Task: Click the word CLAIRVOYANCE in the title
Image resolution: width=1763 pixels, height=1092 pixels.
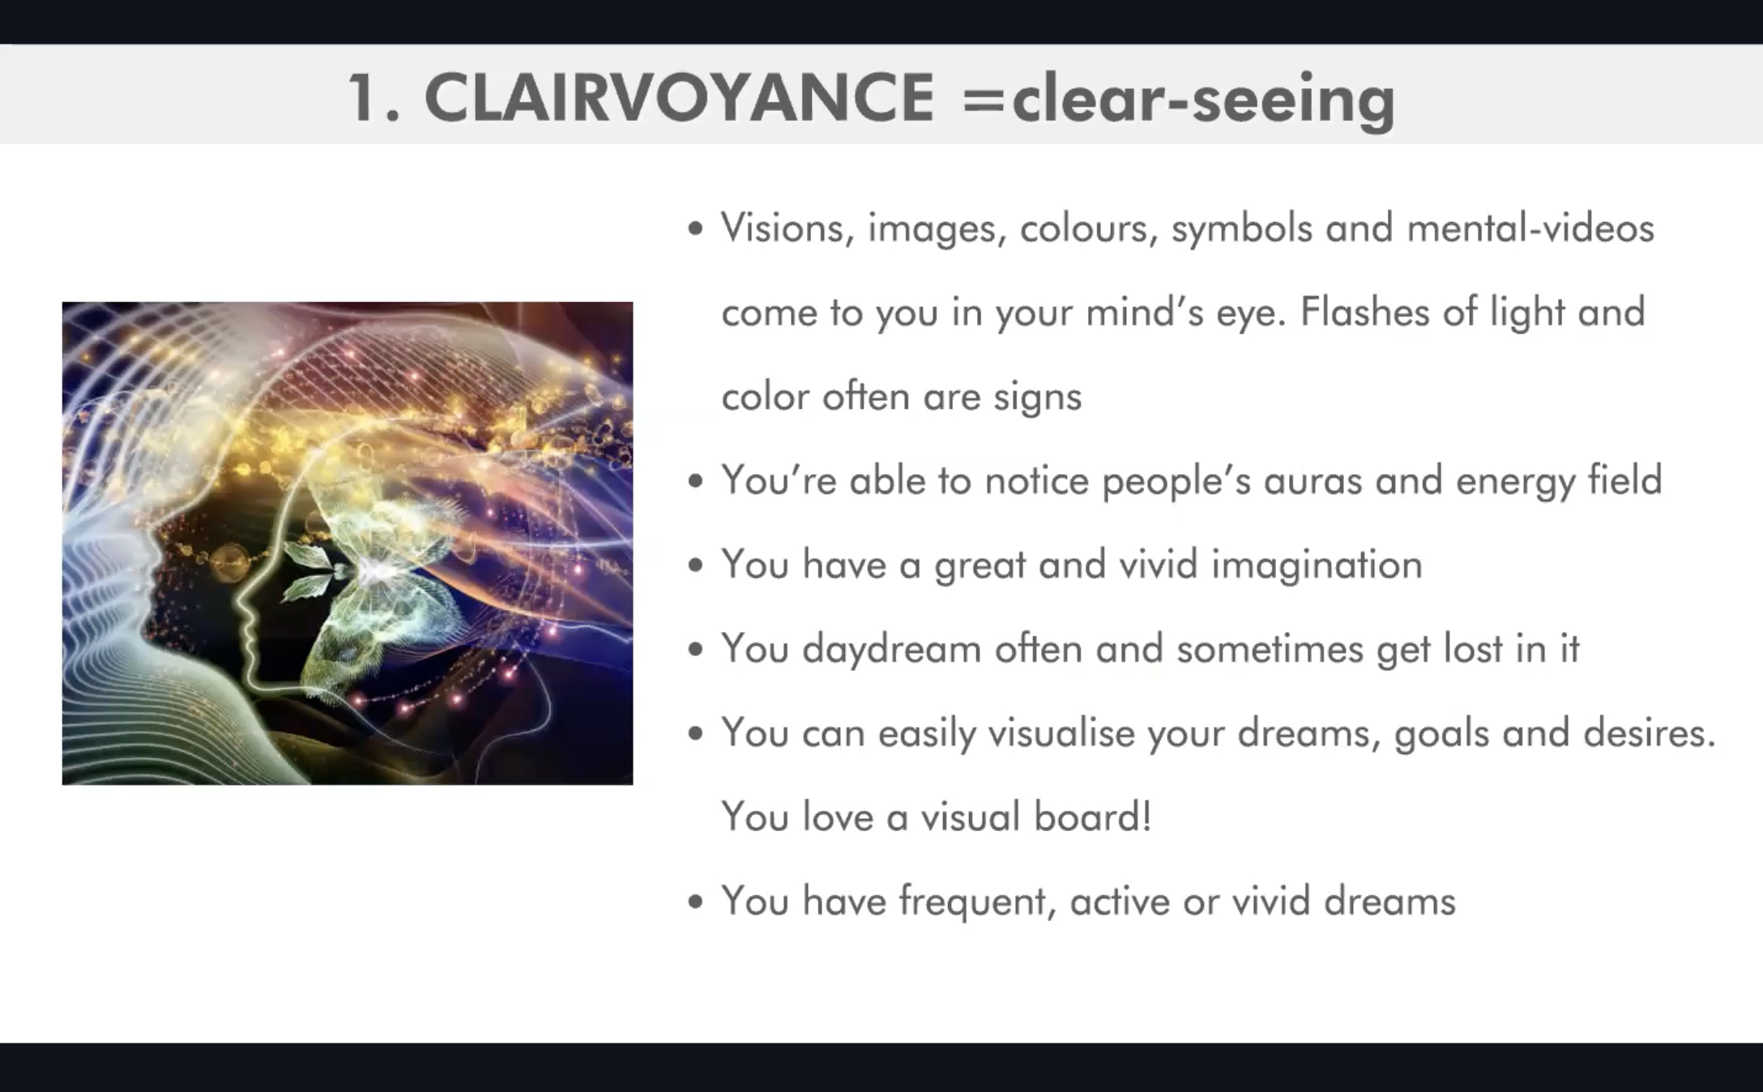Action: [679, 97]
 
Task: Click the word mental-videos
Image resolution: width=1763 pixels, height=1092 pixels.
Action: [1530, 228]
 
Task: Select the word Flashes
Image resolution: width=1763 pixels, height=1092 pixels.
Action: [1364, 312]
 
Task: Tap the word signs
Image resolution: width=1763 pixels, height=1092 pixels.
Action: [1037, 397]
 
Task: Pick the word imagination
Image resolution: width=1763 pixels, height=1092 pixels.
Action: [1317, 565]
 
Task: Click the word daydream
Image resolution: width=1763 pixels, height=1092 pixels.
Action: [892, 649]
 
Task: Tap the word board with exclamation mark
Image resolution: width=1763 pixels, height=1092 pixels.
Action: [1093, 817]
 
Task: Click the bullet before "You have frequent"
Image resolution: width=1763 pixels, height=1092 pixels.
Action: [695, 902]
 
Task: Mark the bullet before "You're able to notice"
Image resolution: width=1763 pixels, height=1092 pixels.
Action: [695, 482]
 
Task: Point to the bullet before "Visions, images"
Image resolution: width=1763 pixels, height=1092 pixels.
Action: [695, 229]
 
